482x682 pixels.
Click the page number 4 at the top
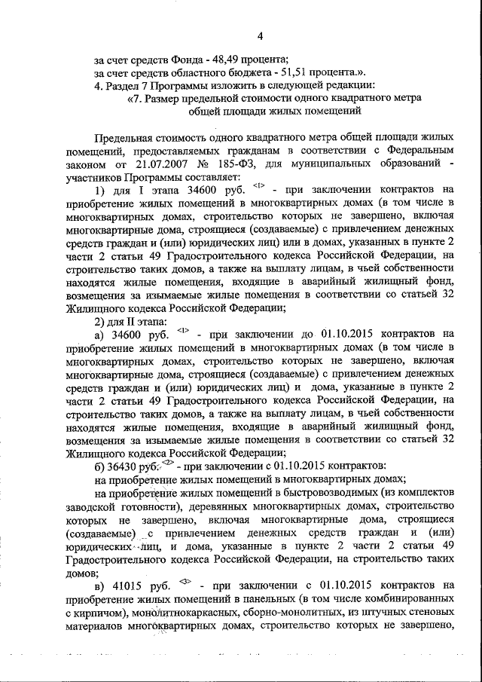[260, 35]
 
